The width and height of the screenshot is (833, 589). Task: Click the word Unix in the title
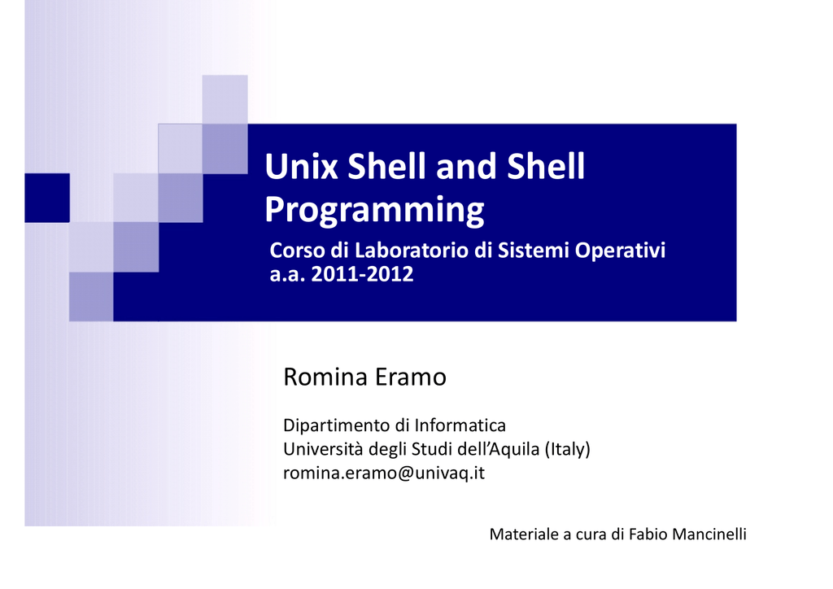coord(301,166)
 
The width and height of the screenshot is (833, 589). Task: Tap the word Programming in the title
coord(374,211)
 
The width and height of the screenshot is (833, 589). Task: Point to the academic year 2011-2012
coord(362,274)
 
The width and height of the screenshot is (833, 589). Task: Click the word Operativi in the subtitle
coord(620,251)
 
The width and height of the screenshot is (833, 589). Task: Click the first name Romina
coord(325,377)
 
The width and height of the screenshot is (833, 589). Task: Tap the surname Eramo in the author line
coord(411,377)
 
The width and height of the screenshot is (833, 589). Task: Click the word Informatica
coord(460,425)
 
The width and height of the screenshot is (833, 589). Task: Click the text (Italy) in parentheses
coord(568,449)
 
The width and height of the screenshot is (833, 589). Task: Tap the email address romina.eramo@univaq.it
coord(384,473)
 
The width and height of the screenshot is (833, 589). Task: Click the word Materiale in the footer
coord(524,534)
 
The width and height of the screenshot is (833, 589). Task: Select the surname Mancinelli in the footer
coord(709,534)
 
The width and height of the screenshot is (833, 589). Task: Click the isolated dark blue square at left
coord(47,198)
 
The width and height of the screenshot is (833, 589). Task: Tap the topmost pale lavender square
coord(225,99)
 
